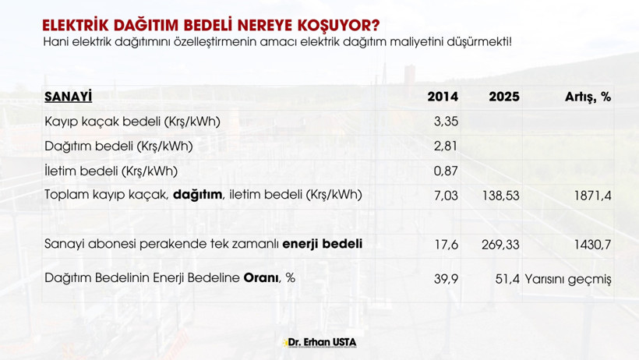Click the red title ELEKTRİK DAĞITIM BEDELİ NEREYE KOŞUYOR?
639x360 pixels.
pos(210,26)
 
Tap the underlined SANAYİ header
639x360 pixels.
pos(69,97)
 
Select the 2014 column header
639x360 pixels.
pos(443,97)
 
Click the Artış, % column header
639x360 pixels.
pos(588,97)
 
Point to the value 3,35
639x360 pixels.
pos(446,122)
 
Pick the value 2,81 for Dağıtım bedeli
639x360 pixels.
pos(446,146)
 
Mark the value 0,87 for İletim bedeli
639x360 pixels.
pos(446,171)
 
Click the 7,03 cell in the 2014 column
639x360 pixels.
pos(446,196)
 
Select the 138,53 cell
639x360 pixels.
pos(500,196)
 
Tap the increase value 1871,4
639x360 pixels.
pos(593,196)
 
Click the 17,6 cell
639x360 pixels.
pos(446,245)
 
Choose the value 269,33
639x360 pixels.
pos(500,245)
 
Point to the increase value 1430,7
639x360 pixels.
pos(593,245)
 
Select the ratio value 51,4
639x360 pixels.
pos(507,278)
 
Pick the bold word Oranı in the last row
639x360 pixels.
pos(261,277)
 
